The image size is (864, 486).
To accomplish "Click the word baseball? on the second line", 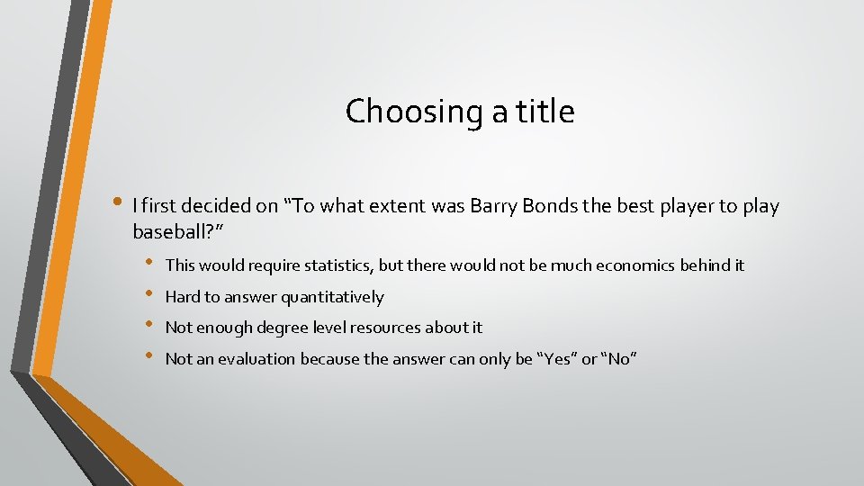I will tap(177, 232).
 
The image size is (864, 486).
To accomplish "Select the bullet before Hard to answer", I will tap(149, 296).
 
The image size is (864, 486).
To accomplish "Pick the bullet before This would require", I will tap(149, 265).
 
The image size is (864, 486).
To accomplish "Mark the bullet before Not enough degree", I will tap(149, 327).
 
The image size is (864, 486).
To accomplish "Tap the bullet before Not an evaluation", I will tap(149, 358).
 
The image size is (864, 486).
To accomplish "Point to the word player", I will tap(683, 206).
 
